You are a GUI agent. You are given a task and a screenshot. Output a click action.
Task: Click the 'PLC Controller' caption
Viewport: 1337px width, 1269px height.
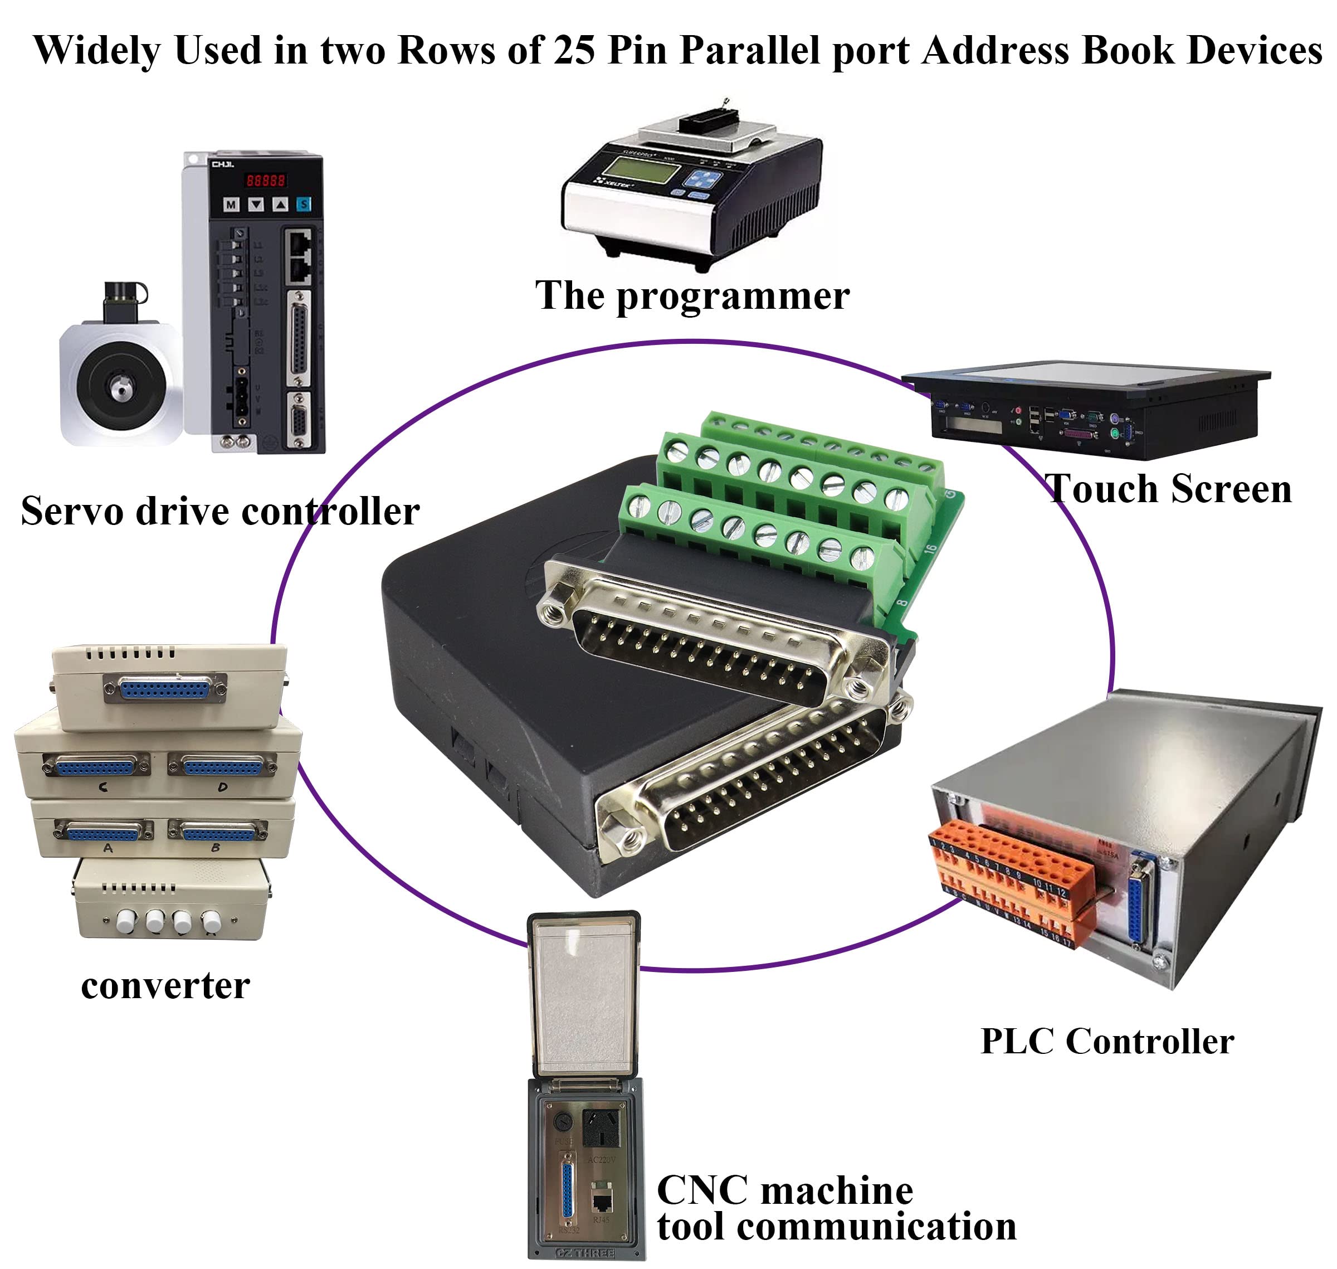click(1106, 1041)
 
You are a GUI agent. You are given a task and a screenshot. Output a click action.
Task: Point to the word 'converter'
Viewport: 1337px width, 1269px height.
click(165, 985)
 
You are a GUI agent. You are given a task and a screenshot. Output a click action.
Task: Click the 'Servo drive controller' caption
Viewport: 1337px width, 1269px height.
click(220, 510)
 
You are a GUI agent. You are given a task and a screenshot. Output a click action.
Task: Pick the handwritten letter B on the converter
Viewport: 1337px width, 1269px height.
click(216, 848)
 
